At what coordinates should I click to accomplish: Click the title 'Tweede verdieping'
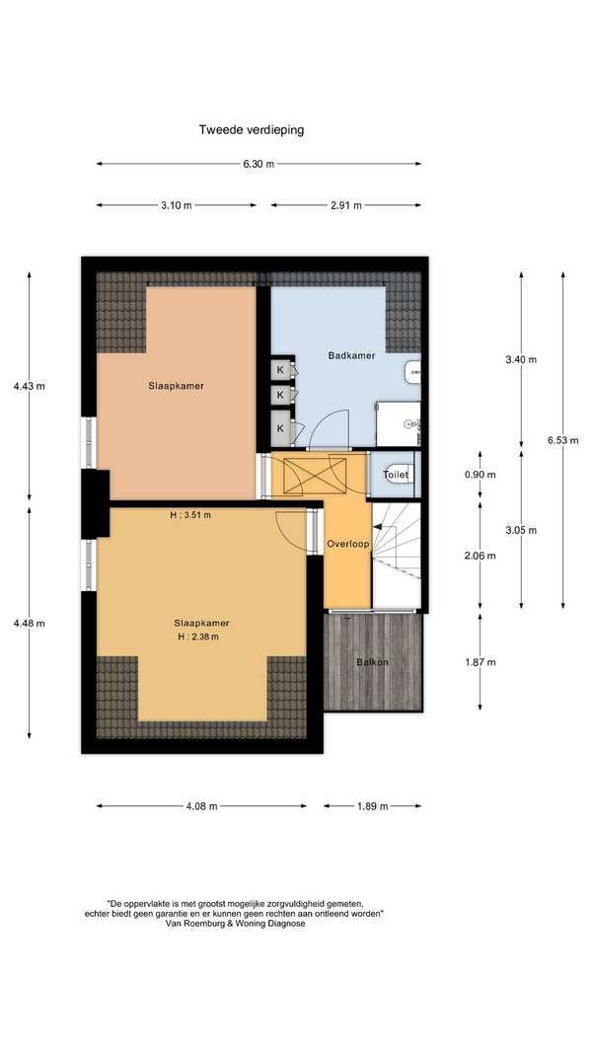[x=251, y=130]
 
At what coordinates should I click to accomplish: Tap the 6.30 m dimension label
[x=259, y=164]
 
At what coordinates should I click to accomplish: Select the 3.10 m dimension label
[x=176, y=205]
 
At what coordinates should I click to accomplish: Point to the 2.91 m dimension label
[x=345, y=205]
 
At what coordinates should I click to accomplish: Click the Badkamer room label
[x=351, y=355]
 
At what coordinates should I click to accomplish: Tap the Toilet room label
[x=396, y=475]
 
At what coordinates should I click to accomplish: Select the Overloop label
[x=347, y=544]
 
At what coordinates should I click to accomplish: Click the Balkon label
[x=373, y=662]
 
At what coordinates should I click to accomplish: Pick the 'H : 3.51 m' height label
[x=190, y=515]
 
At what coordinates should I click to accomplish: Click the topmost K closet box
[x=280, y=369]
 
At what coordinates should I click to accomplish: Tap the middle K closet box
[x=280, y=394]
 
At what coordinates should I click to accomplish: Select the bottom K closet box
[x=280, y=427]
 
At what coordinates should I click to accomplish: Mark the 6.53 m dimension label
[x=562, y=440]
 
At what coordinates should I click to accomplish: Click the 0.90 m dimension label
[x=480, y=475]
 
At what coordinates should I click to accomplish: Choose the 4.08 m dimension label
[x=201, y=806]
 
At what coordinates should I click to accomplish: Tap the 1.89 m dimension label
[x=373, y=806]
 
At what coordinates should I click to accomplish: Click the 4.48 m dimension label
[x=29, y=623]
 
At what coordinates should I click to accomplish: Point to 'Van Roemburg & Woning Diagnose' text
[x=234, y=924]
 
